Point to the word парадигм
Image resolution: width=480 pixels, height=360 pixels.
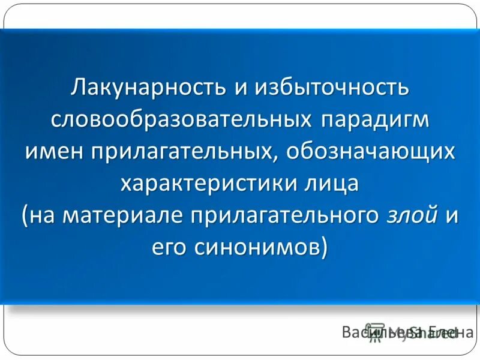point(376,118)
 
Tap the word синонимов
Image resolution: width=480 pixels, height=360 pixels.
point(257,246)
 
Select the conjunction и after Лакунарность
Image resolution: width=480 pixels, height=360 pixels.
point(241,87)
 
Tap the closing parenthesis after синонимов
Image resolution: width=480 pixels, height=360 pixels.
point(325,246)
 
